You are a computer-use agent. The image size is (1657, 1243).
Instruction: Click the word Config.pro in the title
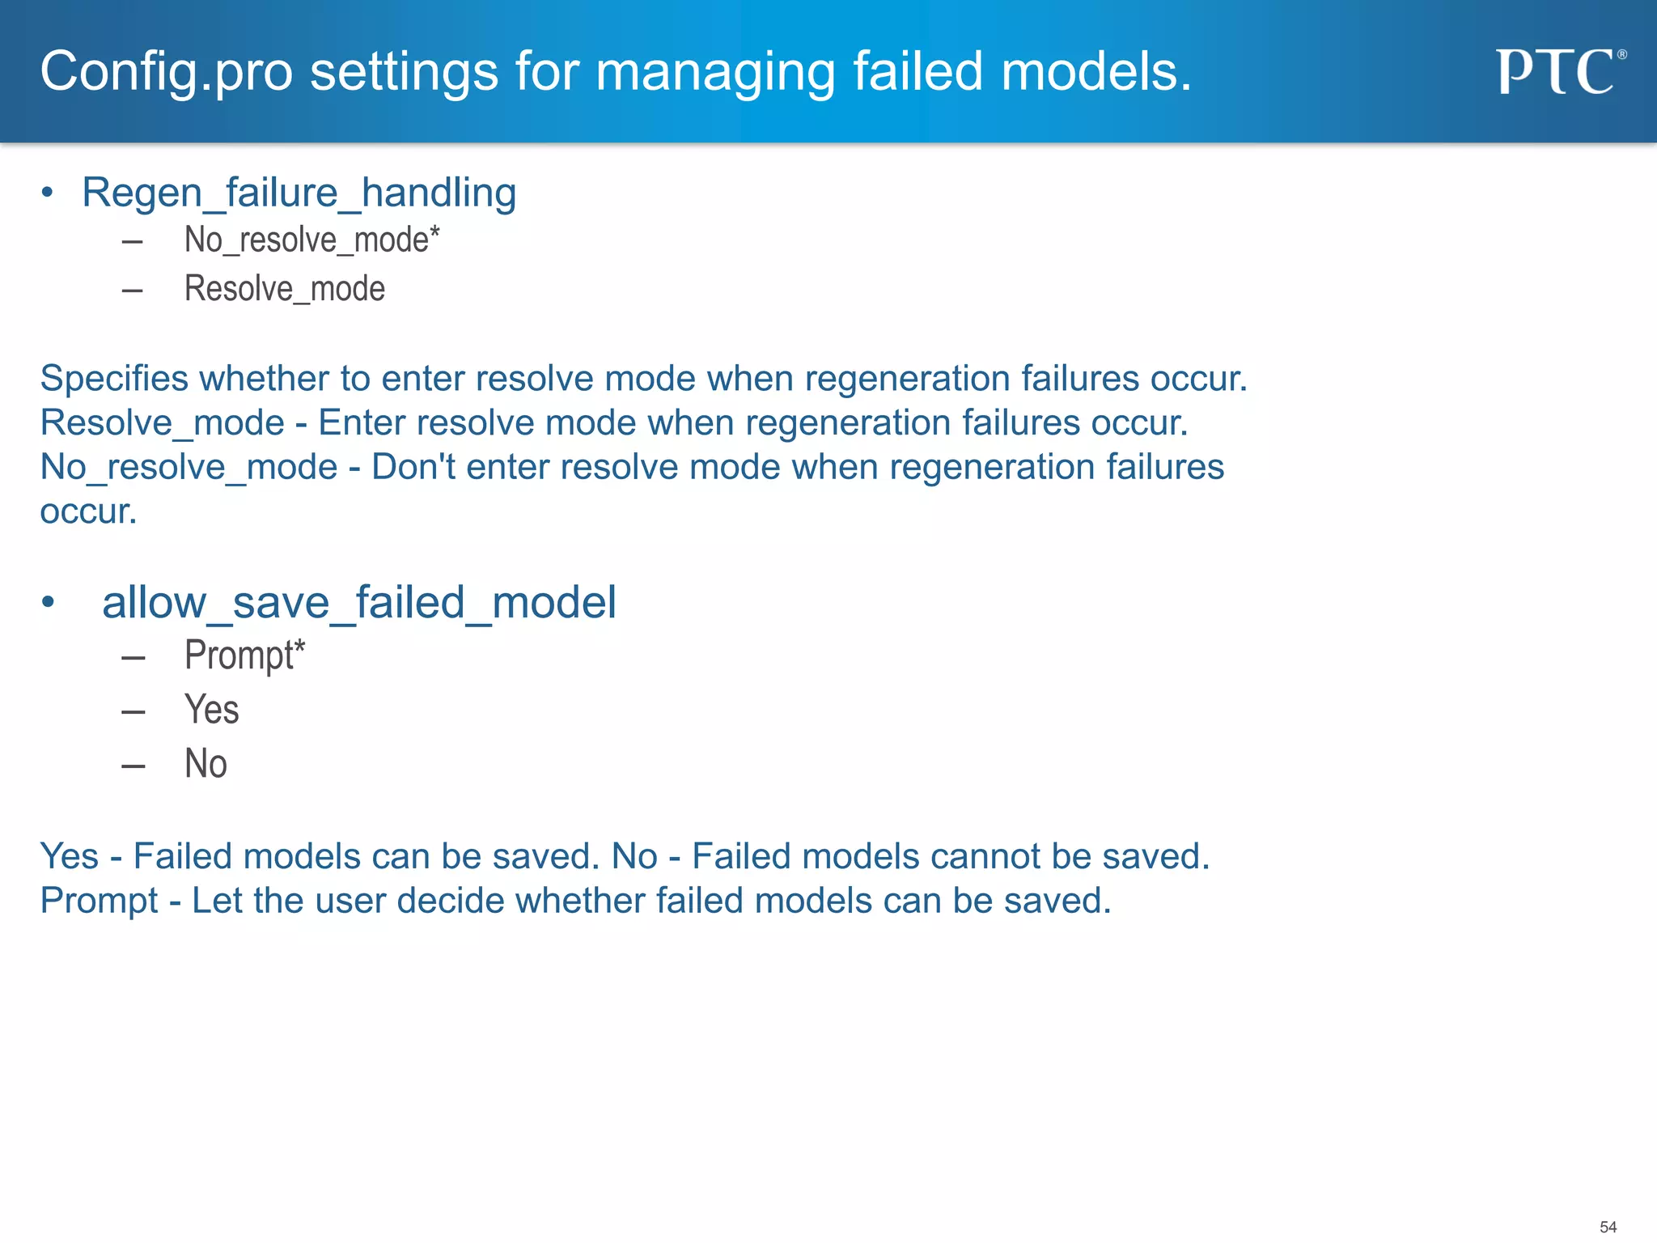pos(166,72)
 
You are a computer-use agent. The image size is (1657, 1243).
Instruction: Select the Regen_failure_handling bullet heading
pos(299,193)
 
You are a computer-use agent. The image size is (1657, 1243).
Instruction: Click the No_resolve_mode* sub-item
pos(311,240)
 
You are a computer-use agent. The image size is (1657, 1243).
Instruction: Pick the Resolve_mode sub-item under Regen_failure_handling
pos(284,289)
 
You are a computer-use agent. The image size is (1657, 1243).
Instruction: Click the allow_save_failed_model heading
pos(358,603)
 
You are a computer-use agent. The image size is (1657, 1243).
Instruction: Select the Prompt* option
pos(244,655)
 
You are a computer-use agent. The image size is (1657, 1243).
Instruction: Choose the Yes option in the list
pos(211,710)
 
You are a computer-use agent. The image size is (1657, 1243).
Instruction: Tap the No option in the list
pos(206,764)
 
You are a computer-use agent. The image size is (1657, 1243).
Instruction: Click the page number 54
pos(1608,1227)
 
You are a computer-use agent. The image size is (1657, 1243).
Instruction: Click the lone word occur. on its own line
pos(88,511)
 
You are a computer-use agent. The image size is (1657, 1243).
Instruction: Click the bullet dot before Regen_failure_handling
pos(48,193)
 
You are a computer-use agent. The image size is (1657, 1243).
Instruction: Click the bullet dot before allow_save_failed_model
pos(48,602)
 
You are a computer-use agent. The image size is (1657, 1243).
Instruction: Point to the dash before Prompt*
pos(133,658)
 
